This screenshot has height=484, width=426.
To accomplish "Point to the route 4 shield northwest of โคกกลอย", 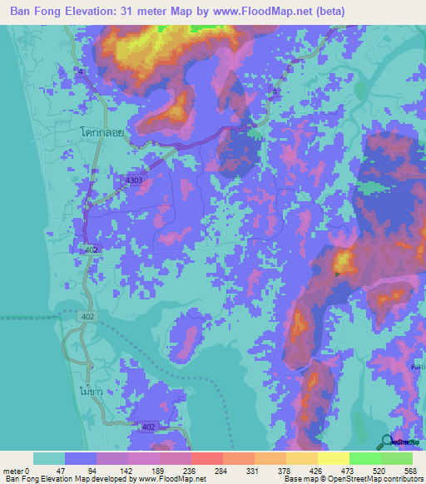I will pyautogui.click(x=81, y=72).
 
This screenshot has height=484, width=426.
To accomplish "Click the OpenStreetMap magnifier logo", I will pyautogui.click(x=388, y=442).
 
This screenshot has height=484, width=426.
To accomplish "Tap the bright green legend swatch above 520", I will pyautogui.click(x=364, y=458).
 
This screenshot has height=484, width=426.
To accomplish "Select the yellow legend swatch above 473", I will pyautogui.click(x=333, y=458).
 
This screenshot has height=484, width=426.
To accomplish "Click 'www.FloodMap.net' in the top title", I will pyautogui.click(x=259, y=12).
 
